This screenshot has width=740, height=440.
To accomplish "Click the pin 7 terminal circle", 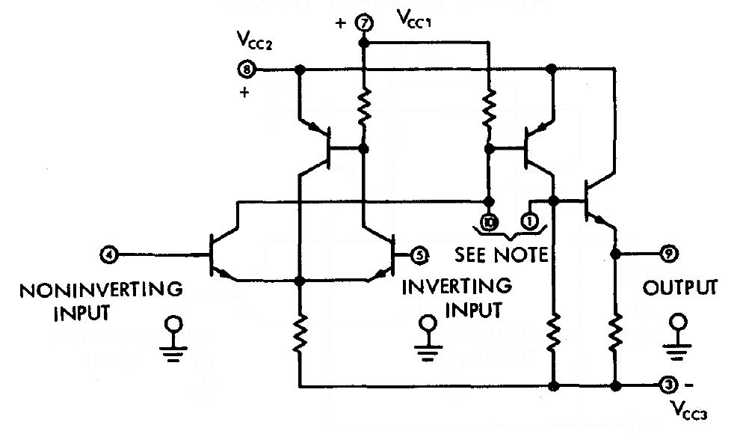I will click(365, 23).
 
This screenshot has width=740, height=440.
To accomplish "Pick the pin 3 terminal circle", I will click(668, 385).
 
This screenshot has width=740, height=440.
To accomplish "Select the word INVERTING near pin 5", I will click(457, 286).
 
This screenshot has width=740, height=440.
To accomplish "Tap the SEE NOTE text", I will click(501, 254).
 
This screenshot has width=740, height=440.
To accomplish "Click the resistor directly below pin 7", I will click(365, 107).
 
